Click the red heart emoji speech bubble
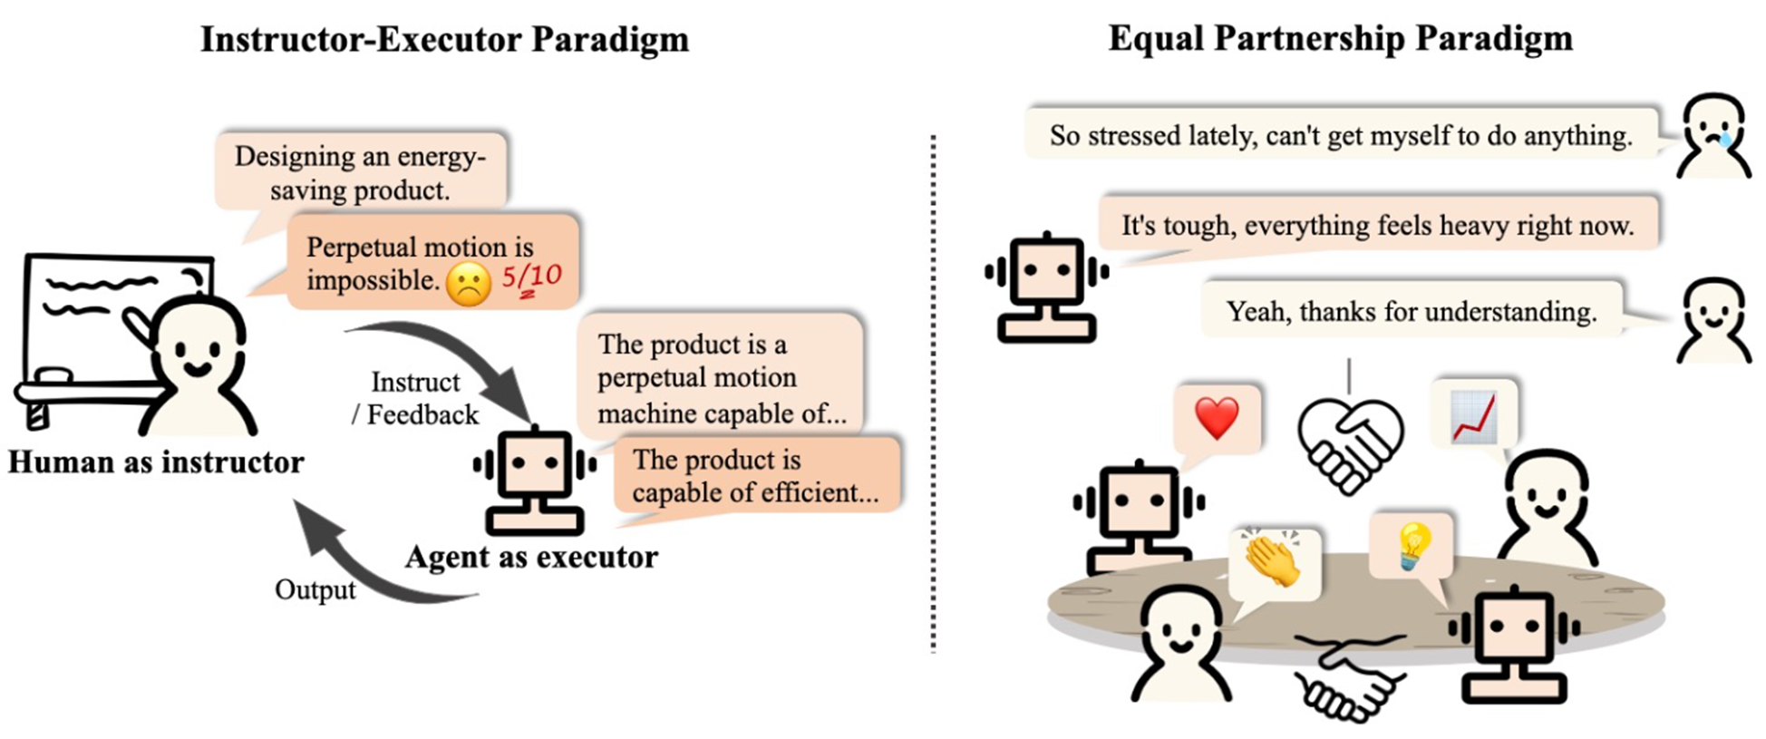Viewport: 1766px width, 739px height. tap(1217, 419)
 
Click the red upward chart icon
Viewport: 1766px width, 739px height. tap(1474, 415)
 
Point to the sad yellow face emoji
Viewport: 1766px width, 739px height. tap(469, 284)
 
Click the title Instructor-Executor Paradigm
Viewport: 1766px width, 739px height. tap(444, 40)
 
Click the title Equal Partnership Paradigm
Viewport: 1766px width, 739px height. tap(1340, 39)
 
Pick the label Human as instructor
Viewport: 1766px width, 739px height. tap(156, 462)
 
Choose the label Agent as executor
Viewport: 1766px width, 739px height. tap(531, 557)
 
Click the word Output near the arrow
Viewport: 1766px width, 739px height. tap(315, 590)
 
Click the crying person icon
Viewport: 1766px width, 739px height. tap(1713, 137)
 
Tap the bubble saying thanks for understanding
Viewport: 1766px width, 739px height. tap(1411, 312)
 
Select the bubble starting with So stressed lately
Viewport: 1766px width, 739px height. tap(1341, 136)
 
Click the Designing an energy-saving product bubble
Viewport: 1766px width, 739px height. tap(360, 172)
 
